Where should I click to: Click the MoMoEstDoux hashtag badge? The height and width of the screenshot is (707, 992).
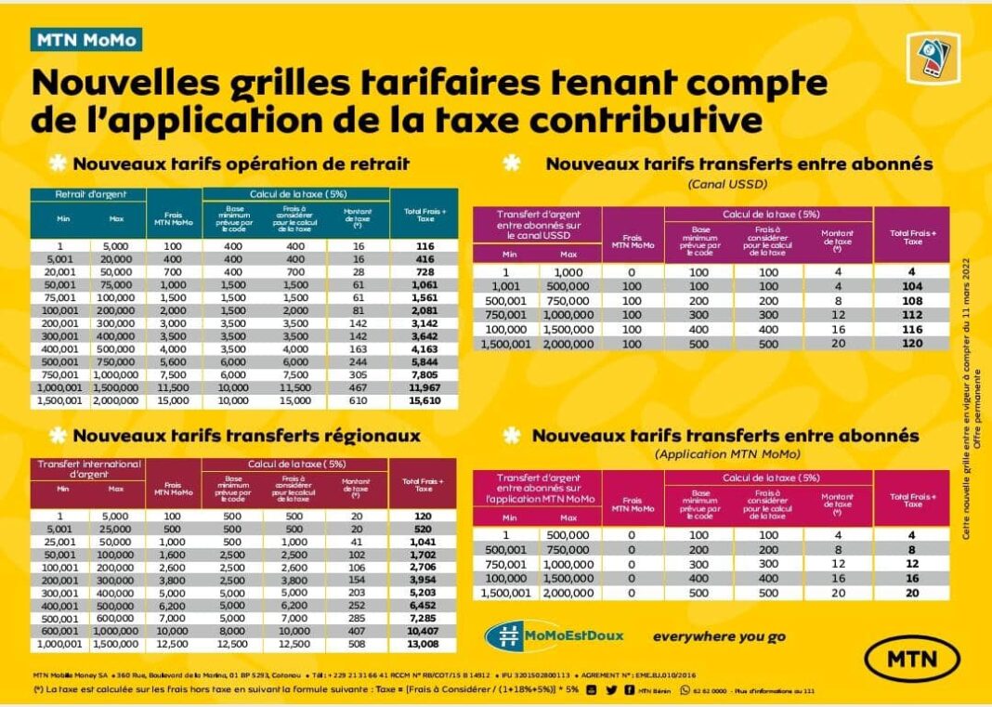point(555,635)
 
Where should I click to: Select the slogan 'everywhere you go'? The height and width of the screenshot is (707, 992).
point(719,636)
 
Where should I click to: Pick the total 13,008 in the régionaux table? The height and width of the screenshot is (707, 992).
point(424,643)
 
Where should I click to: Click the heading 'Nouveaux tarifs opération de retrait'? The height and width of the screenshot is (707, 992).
point(241,164)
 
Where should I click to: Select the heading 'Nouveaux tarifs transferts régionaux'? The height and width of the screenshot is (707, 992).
point(246,435)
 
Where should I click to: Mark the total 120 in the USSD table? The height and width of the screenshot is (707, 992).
point(912,343)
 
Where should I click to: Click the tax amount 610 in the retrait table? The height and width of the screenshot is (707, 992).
point(357,401)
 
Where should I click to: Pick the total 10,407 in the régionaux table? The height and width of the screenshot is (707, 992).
point(424,630)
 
